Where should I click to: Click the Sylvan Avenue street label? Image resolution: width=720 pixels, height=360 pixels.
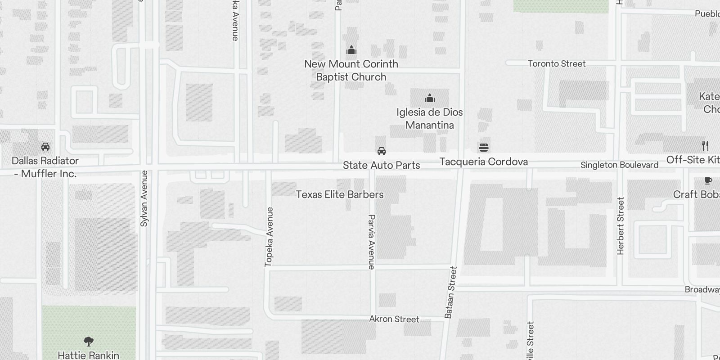pos(144,198)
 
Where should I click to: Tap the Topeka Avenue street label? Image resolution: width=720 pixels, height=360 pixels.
pos(269,237)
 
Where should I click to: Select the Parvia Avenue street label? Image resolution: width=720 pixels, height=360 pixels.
pos(371,242)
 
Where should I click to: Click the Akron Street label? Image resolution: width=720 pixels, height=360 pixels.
pos(394,319)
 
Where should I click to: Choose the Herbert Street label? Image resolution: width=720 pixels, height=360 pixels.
pos(621,226)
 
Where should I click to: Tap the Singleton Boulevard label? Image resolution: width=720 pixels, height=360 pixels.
pos(619,165)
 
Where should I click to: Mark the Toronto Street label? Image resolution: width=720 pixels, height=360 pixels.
pos(557,63)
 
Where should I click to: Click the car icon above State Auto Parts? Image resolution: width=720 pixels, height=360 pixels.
pos(382,151)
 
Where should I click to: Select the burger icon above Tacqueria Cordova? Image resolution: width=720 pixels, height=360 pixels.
pos(484,147)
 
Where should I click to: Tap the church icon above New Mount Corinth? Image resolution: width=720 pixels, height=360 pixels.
pos(351,50)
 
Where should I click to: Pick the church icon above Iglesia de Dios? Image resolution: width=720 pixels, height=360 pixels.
pos(430,98)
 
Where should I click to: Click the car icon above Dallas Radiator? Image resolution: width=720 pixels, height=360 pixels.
pos(45,147)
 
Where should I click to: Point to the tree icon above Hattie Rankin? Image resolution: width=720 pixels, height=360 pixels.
pos(89,342)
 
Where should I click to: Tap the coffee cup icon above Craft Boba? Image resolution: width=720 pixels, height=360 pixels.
pos(708,181)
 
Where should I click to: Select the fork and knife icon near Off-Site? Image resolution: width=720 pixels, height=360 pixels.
pos(705,146)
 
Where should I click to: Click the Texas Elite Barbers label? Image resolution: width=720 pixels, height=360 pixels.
pos(340,194)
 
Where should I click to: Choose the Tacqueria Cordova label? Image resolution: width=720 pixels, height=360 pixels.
pos(484,162)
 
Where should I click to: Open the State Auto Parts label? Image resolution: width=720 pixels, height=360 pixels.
pos(382,165)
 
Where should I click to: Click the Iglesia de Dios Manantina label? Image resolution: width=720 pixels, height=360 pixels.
pos(430,118)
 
